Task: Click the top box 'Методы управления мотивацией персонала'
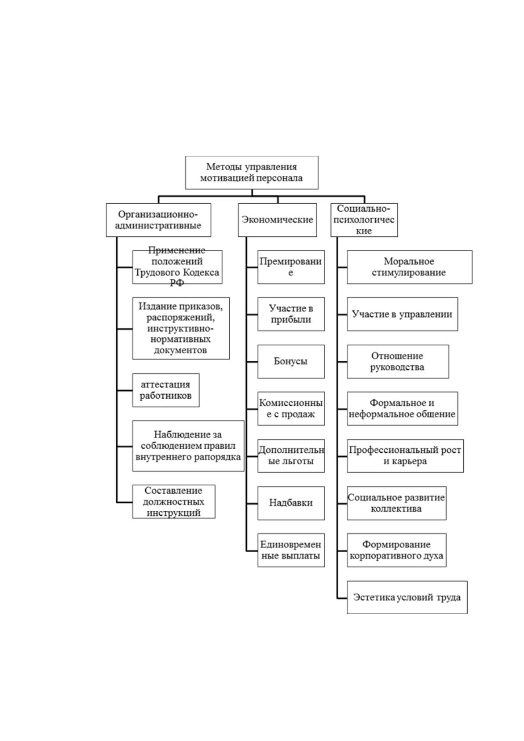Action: point(251,172)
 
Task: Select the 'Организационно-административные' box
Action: point(158,220)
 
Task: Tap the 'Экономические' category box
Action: point(277,220)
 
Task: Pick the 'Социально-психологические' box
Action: point(364,220)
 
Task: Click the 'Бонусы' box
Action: point(291,362)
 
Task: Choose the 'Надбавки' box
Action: point(291,503)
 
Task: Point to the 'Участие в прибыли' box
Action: point(291,314)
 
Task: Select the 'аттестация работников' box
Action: point(166,390)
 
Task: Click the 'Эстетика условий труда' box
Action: point(407,598)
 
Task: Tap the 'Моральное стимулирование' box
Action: point(410,267)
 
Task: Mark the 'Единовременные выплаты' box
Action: point(291,550)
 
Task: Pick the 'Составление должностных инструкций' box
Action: point(174,502)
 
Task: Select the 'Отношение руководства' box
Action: point(398,362)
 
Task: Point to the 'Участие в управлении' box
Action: point(402,314)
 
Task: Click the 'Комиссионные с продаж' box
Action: point(291,408)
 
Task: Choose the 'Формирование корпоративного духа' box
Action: point(397,550)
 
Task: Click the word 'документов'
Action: point(180,350)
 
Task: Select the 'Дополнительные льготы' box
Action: point(291,456)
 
